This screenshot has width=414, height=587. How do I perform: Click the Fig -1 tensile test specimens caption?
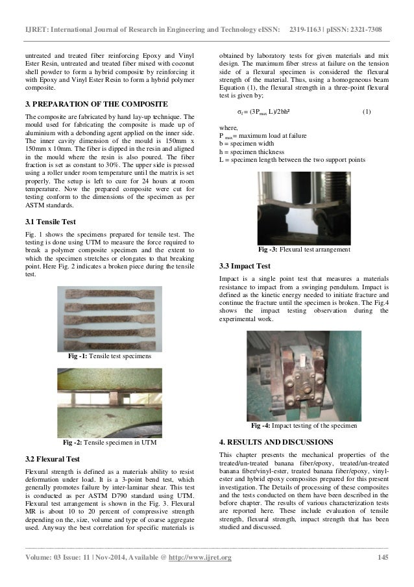pos(110,357)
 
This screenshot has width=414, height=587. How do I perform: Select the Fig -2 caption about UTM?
pos(110,443)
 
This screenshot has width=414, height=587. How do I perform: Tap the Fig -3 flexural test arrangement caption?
pos(304,249)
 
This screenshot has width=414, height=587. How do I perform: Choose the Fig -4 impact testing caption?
pos(304,425)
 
